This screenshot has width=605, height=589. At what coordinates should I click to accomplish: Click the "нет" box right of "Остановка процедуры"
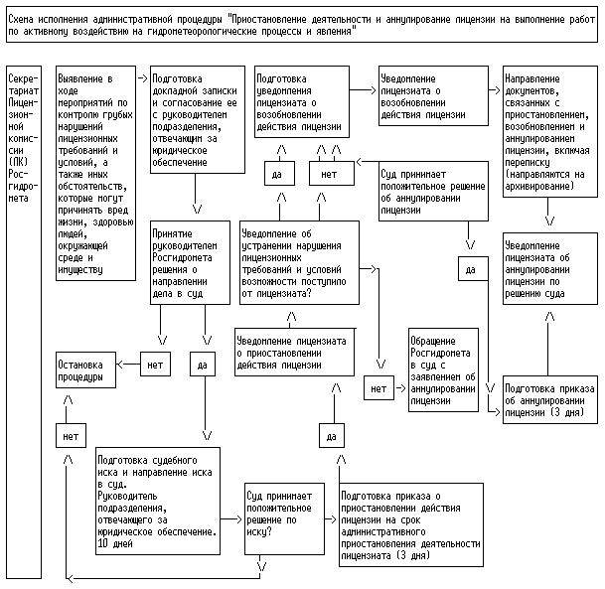click(x=154, y=365)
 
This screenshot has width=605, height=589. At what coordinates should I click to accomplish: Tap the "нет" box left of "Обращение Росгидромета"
click(x=378, y=388)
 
